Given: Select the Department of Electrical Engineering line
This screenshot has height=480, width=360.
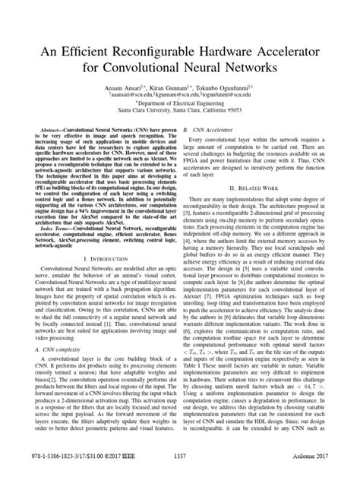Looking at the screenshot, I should tap(180, 105).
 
